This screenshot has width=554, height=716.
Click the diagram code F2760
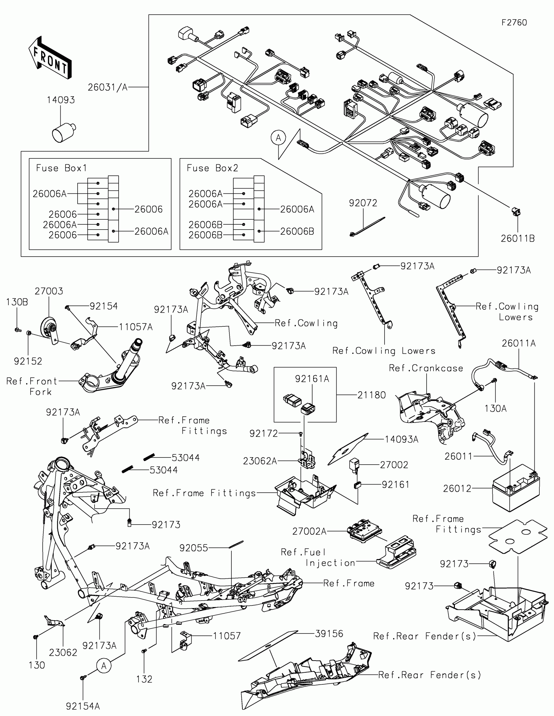click(x=514, y=22)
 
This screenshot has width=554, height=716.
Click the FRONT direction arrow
click(x=50, y=58)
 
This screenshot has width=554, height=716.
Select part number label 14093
click(x=61, y=100)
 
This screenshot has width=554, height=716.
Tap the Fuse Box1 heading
click(x=62, y=168)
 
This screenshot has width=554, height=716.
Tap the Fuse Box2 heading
click(x=212, y=168)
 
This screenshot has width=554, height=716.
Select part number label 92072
click(x=363, y=203)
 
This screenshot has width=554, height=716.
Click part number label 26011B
click(x=518, y=239)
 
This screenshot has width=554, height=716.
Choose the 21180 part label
click(x=372, y=395)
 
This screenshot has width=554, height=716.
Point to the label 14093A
click(x=401, y=439)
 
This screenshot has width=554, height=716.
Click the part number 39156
click(x=329, y=634)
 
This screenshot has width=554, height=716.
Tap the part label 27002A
click(x=309, y=531)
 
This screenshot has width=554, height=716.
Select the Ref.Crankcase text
click(x=426, y=368)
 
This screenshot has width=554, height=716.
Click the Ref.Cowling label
click(x=306, y=323)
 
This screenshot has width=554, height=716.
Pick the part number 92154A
click(x=83, y=706)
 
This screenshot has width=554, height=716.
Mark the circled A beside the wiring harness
click(x=278, y=138)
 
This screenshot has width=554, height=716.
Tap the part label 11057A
click(x=136, y=327)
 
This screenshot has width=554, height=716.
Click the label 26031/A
click(x=108, y=87)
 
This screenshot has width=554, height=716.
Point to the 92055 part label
click(x=194, y=548)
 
